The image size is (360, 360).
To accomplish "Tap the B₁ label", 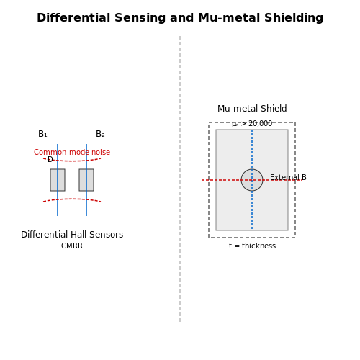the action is click(x=42, y=134).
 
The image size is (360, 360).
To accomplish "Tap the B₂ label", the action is click(x=100, y=134).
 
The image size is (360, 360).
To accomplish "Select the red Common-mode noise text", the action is click(x=72, y=152).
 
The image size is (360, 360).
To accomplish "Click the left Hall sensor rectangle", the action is click(x=58, y=180).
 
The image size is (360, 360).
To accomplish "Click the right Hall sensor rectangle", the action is click(x=86, y=180).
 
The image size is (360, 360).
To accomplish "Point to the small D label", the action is click(x=50, y=159).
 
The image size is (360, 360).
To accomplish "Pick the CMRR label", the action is click(x=72, y=246).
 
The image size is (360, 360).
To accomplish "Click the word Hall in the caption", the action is click(x=79, y=235).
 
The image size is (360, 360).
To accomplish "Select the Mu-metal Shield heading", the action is click(x=252, y=109).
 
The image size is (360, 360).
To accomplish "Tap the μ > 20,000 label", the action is click(x=252, y=124).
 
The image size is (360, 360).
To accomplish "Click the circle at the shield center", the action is click(x=252, y=180).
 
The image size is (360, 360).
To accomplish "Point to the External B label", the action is click(x=288, y=177).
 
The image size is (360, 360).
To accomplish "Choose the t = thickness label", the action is click(x=252, y=246).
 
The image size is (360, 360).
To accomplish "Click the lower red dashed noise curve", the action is click(x=72, y=199).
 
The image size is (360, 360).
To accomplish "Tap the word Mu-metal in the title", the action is click(x=229, y=18).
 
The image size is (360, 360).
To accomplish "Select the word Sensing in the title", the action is click(x=140, y=18).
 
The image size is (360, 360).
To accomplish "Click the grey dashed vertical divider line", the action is click(x=180, y=179).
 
